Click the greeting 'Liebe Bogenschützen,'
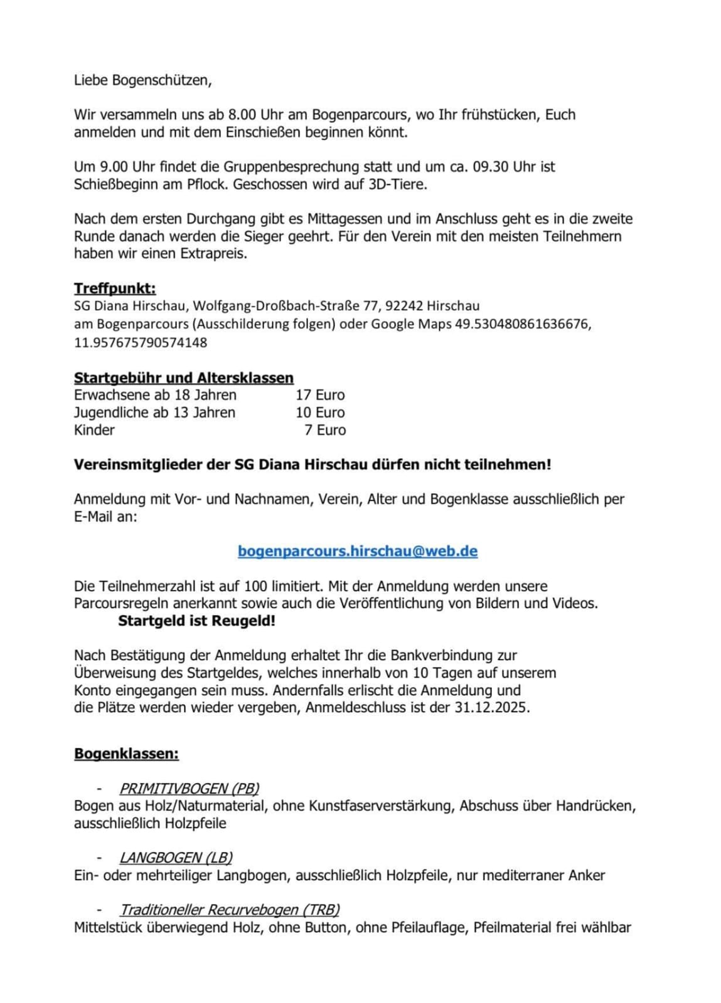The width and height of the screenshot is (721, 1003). click(143, 80)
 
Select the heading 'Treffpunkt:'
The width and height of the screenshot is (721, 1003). click(115, 288)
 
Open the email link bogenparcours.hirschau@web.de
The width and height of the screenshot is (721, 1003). click(358, 551)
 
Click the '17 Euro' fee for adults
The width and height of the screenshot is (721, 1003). click(320, 395)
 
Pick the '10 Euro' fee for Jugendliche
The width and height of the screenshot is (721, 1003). click(320, 412)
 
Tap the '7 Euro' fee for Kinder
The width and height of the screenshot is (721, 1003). click(325, 430)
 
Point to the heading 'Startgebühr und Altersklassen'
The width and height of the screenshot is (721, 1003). click(184, 377)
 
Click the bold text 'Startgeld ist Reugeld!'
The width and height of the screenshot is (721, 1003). click(197, 621)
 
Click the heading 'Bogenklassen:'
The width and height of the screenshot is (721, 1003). click(126, 754)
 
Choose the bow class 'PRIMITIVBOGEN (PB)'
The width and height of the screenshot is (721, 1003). click(189, 789)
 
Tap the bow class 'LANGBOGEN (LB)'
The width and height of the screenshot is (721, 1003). click(176, 858)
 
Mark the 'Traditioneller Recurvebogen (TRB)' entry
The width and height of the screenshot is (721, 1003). click(230, 910)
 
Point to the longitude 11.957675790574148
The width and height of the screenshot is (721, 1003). click(141, 342)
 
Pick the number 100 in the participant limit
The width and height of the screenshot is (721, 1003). click(255, 586)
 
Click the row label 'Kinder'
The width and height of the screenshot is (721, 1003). click(94, 430)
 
